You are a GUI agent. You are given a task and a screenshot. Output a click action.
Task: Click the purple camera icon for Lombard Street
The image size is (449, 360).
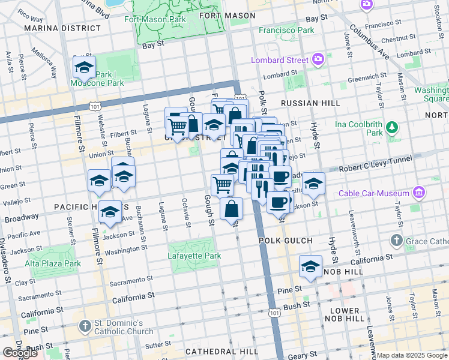pos(318,59)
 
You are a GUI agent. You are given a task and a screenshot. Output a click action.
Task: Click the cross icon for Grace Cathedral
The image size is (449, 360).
pos(396,241)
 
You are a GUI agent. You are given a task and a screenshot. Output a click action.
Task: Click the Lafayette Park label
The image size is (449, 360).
pos(194,256)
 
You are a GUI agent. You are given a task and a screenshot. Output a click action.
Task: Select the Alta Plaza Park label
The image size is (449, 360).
pos(53,263)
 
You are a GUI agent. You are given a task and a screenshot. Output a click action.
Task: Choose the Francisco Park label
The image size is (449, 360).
pos(286,30)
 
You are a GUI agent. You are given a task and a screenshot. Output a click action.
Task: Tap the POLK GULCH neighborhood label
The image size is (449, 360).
pos(285,241)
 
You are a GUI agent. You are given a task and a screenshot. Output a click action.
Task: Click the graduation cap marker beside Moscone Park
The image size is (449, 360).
pos(84,67)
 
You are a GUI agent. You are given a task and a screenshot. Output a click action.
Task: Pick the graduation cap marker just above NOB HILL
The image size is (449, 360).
pos(310,266)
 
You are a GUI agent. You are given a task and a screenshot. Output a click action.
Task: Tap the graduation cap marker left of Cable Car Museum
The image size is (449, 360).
pos(313,184)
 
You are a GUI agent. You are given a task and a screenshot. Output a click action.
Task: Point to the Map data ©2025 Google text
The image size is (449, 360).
pos(412,355)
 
